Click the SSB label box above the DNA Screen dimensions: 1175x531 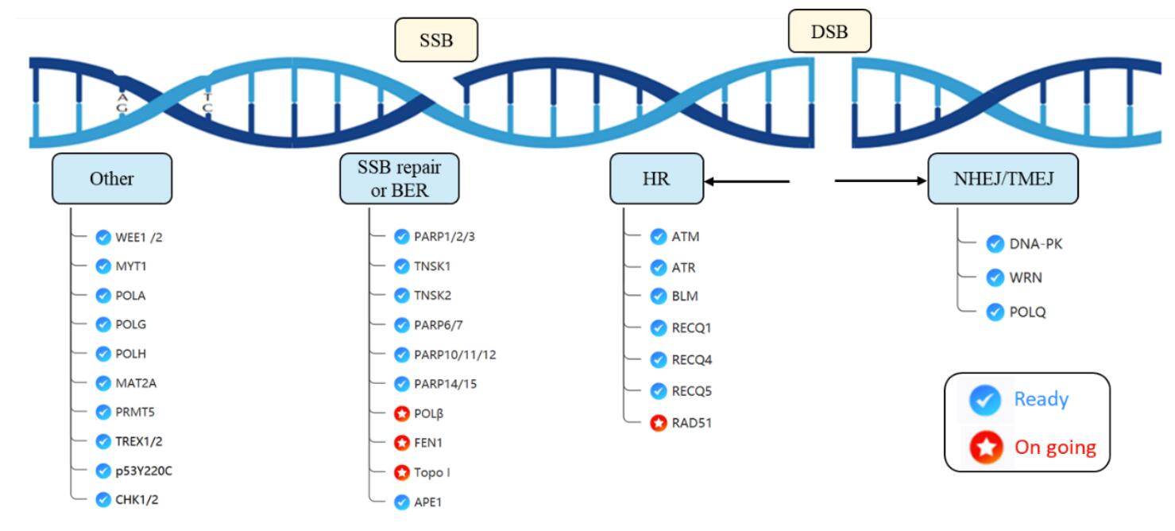[436, 40]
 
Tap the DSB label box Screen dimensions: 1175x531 [830, 31]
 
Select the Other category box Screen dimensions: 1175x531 [112, 178]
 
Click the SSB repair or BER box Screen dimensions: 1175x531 [400, 178]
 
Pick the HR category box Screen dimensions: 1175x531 [657, 178]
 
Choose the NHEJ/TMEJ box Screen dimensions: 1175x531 [1003, 178]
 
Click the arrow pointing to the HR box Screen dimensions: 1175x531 [747, 181]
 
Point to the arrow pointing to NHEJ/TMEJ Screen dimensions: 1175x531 [881, 180]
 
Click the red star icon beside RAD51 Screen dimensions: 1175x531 [659, 423]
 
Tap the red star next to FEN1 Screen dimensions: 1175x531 [402, 443]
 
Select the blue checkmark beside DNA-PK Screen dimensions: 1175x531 [995, 244]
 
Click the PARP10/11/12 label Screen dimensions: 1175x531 [454, 355]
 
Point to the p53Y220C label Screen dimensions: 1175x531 [144, 471]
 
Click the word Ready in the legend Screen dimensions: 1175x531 [1042, 399]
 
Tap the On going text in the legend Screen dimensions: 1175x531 [1055, 447]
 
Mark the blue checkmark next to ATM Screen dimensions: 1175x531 [659, 237]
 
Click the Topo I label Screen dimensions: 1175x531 [432, 472]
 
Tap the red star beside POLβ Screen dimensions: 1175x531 [402, 413]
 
